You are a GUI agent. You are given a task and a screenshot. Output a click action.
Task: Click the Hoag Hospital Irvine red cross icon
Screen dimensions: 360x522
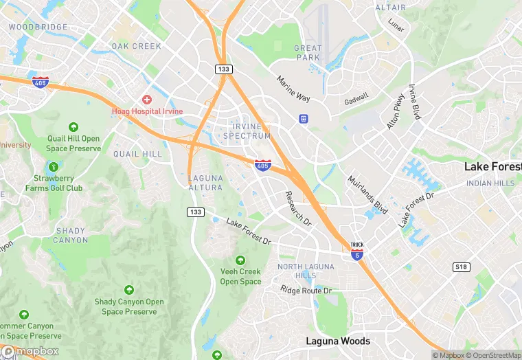146,100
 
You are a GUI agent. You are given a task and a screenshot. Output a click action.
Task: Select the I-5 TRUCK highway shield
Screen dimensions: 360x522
356,250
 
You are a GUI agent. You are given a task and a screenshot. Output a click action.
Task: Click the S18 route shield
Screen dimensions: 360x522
461,266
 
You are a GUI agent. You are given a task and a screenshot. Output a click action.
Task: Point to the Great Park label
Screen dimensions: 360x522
307,52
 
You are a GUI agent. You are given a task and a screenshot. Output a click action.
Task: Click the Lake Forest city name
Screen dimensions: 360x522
492,167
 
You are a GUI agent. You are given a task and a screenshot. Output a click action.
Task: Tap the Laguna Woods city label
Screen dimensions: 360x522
338,341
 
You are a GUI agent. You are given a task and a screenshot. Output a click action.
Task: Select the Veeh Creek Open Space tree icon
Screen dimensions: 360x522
240,260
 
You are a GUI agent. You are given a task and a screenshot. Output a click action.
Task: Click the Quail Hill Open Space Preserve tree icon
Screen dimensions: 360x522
73,127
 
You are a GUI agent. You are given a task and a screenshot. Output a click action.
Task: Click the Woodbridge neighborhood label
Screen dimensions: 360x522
38,27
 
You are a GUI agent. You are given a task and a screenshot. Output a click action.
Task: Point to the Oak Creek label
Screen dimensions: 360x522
136,46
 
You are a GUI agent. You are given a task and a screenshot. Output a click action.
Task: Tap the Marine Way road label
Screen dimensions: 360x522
294,89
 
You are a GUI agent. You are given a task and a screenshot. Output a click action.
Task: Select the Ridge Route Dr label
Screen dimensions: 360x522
306,291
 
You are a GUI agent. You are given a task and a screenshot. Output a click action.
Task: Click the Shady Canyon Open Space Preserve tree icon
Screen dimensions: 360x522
129,291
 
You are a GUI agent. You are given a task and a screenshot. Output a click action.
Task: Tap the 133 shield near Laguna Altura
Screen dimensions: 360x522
196,212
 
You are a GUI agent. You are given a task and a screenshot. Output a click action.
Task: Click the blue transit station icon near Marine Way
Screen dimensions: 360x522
303,118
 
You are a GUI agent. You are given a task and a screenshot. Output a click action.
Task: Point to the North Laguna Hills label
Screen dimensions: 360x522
306,271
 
